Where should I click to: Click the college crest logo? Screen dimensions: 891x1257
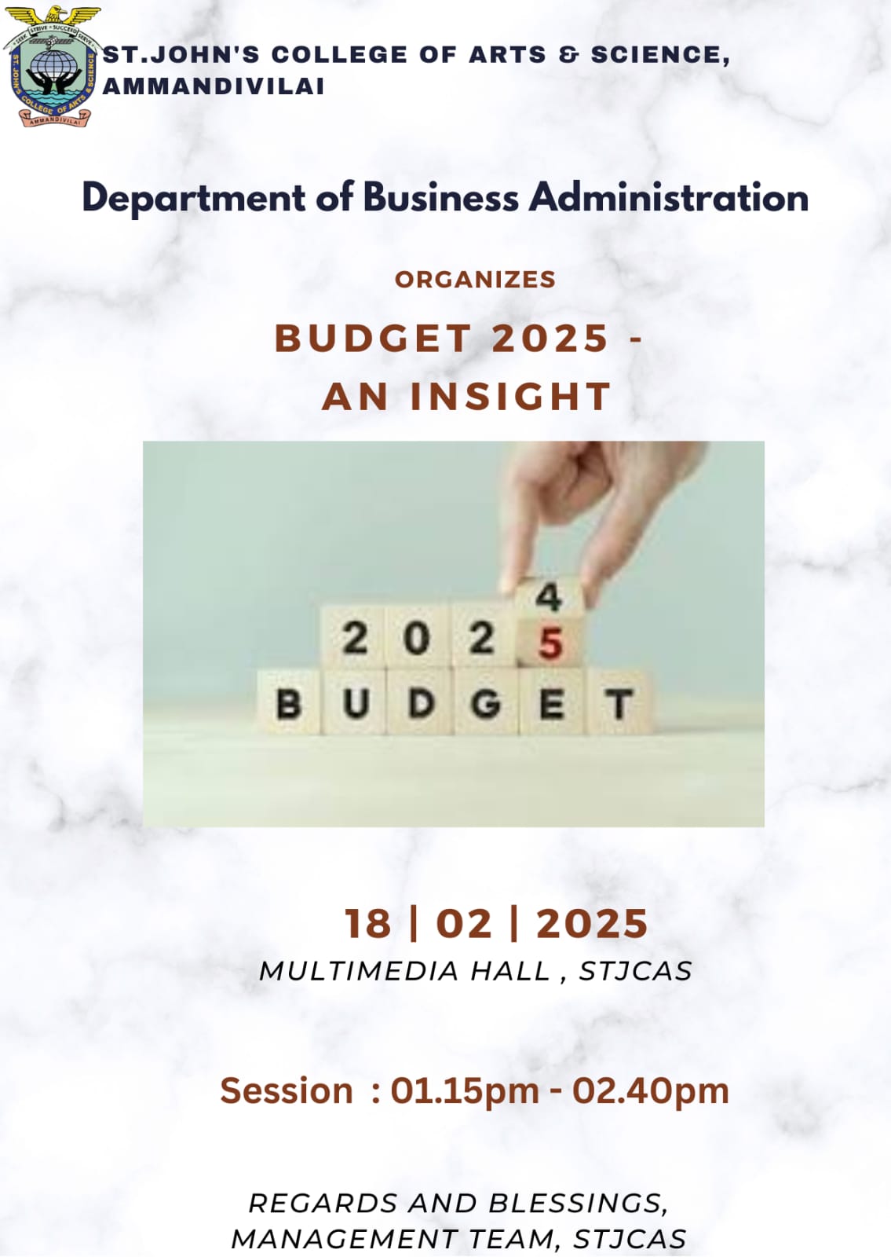pos(52,66)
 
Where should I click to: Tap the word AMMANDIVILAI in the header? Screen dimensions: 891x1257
pos(214,86)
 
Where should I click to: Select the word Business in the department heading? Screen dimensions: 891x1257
pos(440,197)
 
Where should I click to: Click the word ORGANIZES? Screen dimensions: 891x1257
pos(475,280)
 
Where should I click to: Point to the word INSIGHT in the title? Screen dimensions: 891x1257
pos(510,397)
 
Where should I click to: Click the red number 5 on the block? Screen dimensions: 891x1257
pos(550,643)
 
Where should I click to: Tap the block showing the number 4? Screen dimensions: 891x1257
pos(549,597)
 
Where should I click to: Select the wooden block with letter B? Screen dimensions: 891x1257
pos(289,702)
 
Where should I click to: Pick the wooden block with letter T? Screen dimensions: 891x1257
pos(619,702)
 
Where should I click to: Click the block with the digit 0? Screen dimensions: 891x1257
pos(416,638)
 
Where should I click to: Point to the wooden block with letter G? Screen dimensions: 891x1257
pos(486,702)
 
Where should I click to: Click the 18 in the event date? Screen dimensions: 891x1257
pos(367,923)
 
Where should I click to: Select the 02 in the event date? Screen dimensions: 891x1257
pos(464,923)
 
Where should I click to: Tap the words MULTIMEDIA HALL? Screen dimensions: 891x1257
pos(404,971)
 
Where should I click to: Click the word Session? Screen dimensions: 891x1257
pos(287,1090)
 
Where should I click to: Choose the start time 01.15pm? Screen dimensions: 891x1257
pos(465,1091)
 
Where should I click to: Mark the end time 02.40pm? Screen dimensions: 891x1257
pos(651,1091)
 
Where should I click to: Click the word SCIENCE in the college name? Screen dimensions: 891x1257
pos(660,55)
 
